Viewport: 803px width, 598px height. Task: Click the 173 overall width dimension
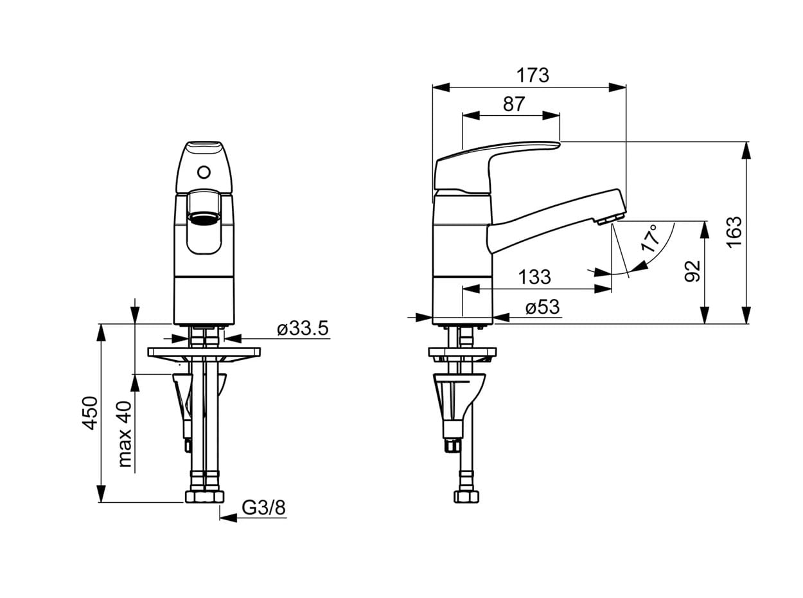click(x=532, y=75)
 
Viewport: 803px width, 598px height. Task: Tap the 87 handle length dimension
click(x=514, y=104)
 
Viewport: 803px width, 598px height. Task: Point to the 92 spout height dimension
click(x=693, y=271)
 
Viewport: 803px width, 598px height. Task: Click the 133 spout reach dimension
click(x=534, y=277)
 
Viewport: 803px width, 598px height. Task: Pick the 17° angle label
click(x=650, y=238)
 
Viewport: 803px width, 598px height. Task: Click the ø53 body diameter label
click(x=542, y=307)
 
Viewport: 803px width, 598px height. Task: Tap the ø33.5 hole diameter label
click(x=303, y=329)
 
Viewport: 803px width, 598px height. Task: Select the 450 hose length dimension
click(x=90, y=413)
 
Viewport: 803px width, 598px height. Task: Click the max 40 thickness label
click(x=125, y=434)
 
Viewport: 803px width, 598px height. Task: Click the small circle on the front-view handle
click(x=204, y=172)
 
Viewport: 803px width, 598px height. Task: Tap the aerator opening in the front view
click(x=204, y=219)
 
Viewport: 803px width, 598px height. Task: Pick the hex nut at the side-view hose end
click(x=466, y=496)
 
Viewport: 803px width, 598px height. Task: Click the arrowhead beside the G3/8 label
click(x=228, y=518)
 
